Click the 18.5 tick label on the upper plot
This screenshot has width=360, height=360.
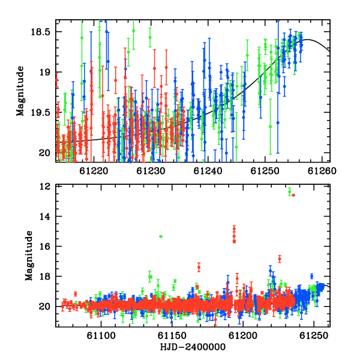(x=40, y=32)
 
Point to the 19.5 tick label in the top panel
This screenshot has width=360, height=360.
(x=40, y=113)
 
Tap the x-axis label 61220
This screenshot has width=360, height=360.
(x=94, y=171)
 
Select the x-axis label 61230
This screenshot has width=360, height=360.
(x=151, y=171)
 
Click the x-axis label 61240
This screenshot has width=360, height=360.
(x=208, y=171)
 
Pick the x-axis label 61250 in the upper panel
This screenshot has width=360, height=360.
(x=265, y=171)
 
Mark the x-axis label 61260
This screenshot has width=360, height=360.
(x=322, y=171)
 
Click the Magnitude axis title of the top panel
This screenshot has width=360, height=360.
(x=20, y=91)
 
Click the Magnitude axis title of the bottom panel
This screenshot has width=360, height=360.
(x=29, y=256)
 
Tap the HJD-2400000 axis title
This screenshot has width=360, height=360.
(x=193, y=347)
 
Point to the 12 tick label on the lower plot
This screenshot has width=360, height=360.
(x=45, y=187)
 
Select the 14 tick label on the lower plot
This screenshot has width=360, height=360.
(x=45, y=216)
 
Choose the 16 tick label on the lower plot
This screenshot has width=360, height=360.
(x=45, y=247)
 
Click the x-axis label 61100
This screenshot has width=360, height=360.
(x=101, y=335)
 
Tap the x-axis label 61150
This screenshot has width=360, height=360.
(x=172, y=335)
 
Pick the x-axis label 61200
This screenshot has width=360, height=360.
(x=243, y=335)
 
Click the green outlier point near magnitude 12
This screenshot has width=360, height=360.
(x=290, y=192)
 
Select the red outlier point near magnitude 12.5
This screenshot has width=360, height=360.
(x=293, y=195)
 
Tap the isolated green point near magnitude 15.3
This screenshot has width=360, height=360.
(x=161, y=236)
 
